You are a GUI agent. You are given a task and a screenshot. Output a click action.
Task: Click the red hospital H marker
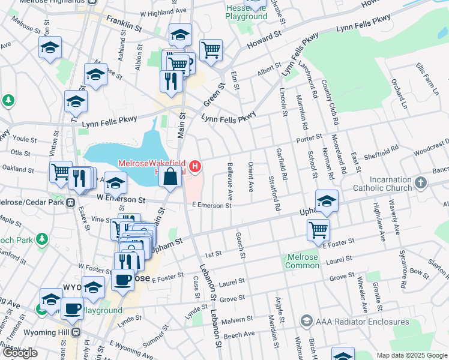[194, 165]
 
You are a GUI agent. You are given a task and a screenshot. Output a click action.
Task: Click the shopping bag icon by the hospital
[170, 177]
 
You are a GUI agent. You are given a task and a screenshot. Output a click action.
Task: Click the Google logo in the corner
[20, 353]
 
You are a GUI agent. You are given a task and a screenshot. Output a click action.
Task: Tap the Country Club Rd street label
[328, 97]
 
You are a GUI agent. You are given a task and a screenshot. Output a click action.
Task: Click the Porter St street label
[310, 139]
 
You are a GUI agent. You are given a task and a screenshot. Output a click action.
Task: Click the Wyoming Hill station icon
[76, 332]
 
